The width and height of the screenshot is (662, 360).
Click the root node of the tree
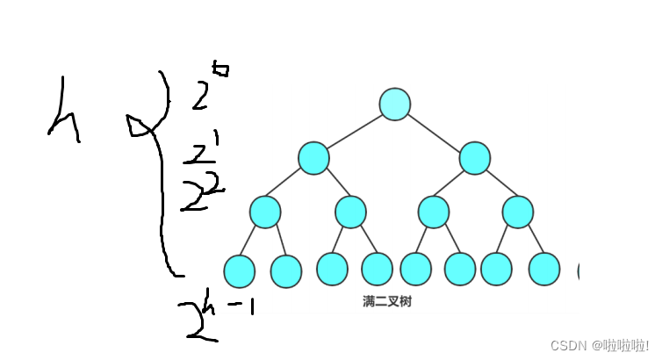[x=395, y=104]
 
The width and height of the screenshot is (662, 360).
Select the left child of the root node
[x=313, y=158]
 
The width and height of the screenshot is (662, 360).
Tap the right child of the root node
[x=475, y=158]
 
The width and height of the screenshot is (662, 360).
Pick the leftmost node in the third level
[x=264, y=212]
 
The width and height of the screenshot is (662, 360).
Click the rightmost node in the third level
[x=517, y=212]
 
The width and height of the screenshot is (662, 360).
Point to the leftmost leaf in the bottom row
[x=239, y=270]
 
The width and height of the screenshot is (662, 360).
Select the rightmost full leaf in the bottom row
[x=544, y=270]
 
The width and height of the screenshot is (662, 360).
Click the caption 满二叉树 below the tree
[x=386, y=302]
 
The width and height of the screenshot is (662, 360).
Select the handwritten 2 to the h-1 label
[x=211, y=318]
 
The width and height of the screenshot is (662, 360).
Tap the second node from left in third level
[x=350, y=212]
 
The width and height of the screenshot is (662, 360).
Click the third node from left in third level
[x=433, y=212]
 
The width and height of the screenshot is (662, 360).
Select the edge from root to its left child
[x=354, y=132]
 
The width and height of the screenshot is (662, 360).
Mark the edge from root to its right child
[x=435, y=132]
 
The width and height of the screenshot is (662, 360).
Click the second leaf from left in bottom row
[x=286, y=270]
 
